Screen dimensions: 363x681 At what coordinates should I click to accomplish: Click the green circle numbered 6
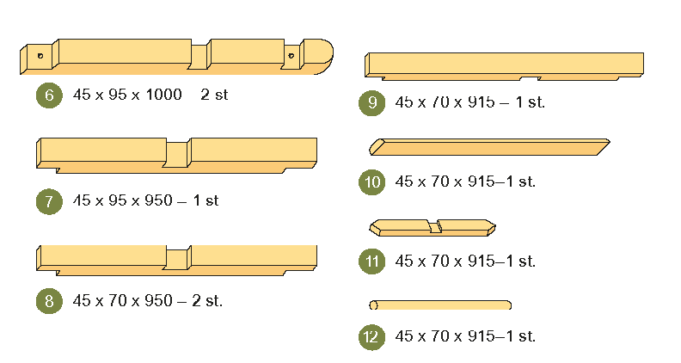(49, 95)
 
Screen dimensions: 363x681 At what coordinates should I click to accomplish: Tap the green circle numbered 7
(49, 201)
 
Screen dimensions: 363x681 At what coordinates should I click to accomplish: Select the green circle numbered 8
(49, 301)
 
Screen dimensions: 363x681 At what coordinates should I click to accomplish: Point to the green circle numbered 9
(371, 102)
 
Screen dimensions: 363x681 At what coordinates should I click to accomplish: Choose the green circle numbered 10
(371, 181)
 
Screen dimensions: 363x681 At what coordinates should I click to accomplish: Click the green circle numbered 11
(371, 261)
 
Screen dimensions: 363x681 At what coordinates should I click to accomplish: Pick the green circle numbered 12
(371, 336)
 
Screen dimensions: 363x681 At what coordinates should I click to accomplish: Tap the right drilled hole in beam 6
(291, 57)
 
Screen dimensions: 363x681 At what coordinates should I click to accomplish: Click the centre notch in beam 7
(177, 154)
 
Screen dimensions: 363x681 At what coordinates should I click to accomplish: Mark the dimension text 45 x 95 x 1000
(127, 95)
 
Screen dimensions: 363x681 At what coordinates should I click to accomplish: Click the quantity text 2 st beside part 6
(214, 95)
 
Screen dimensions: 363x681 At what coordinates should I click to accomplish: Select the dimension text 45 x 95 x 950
(123, 200)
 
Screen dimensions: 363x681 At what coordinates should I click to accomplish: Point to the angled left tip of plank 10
(373, 145)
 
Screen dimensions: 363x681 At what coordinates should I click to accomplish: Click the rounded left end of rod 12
(373, 305)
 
